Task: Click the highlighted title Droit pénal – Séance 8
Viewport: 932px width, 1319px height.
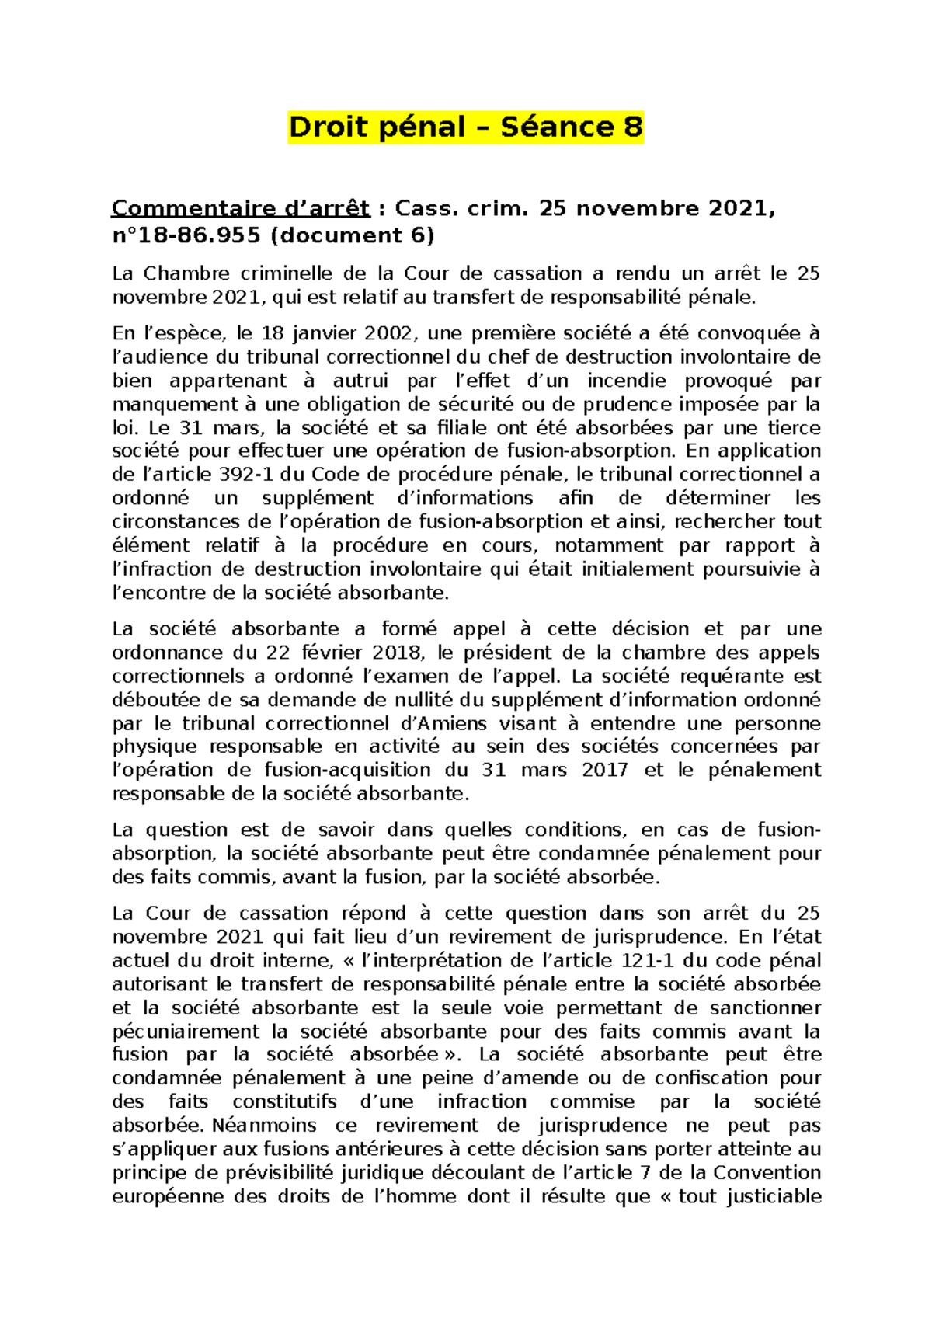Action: pyautogui.click(x=465, y=127)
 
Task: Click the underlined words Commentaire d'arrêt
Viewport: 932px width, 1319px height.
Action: pyautogui.click(x=241, y=208)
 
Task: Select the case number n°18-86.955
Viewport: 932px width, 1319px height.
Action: pyautogui.click(x=186, y=235)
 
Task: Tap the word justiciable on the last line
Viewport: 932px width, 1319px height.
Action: pyautogui.click(x=772, y=1196)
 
